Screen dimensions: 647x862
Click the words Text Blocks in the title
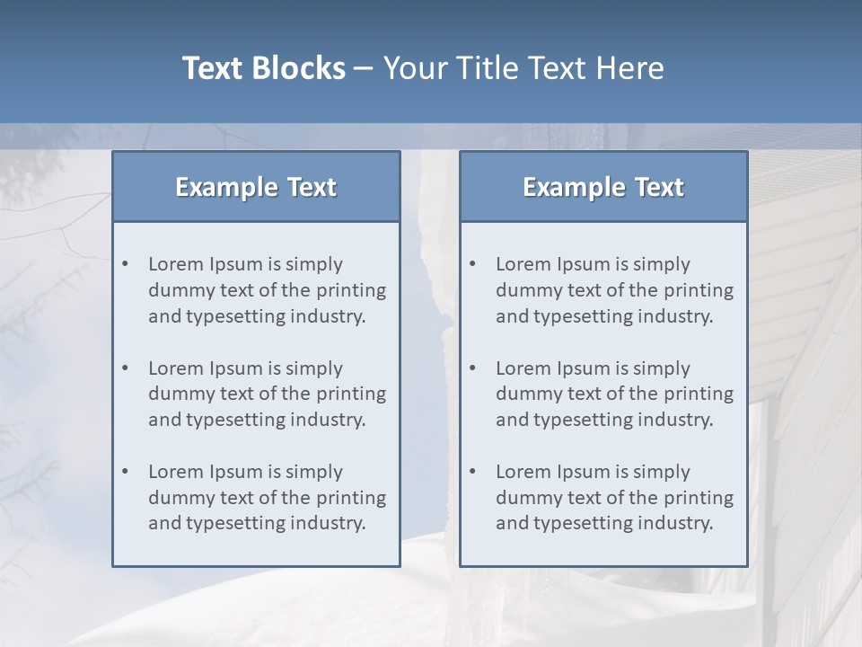pos(263,68)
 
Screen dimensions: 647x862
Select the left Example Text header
pos(256,187)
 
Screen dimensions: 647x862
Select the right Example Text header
pos(603,187)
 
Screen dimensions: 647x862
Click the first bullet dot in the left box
pos(125,264)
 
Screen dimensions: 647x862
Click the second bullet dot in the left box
pos(125,368)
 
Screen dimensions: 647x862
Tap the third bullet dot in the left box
pos(125,472)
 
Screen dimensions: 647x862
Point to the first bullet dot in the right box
pos(472,264)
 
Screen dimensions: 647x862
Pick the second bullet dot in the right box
pos(472,368)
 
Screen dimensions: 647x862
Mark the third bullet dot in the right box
pos(472,472)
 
